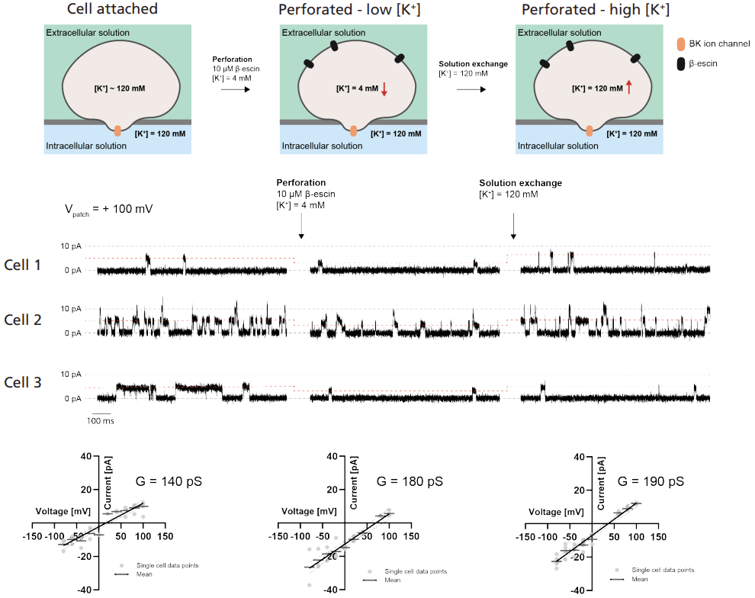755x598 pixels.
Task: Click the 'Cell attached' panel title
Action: tap(111, 10)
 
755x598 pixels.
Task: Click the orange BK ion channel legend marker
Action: tap(681, 45)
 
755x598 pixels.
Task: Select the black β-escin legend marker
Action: tap(681, 63)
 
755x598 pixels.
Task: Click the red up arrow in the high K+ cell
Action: tap(628, 87)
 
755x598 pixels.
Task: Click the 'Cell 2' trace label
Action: tap(23, 320)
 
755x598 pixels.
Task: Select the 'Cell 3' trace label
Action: tap(23, 382)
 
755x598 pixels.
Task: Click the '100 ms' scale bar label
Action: tap(99, 420)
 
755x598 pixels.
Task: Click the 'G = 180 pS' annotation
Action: tap(410, 481)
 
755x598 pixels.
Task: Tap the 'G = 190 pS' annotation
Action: tap(651, 481)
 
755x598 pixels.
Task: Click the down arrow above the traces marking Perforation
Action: tap(301, 226)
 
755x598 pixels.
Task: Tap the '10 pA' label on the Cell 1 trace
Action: tap(69, 246)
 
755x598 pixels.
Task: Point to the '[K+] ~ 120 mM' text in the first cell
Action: tap(118, 89)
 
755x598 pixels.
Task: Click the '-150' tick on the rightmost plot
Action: tap(525, 536)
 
